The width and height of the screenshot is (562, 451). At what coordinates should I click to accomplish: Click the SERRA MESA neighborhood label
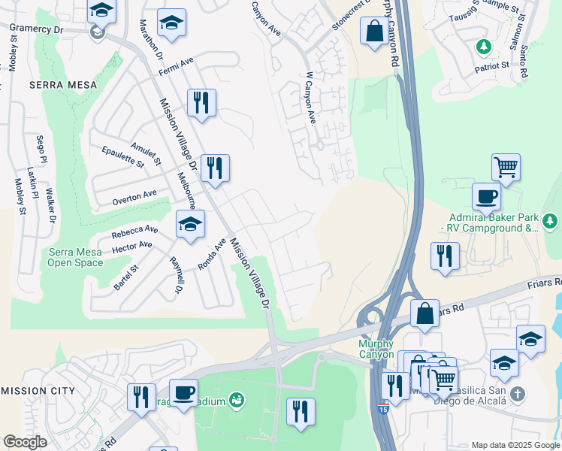(x=63, y=86)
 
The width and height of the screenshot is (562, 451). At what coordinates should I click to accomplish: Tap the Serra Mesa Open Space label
(x=76, y=257)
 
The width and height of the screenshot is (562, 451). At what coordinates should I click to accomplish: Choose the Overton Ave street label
(x=134, y=198)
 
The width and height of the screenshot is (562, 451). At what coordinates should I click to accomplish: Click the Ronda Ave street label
(x=211, y=255)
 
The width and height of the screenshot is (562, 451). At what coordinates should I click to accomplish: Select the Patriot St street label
(x=492, y=66)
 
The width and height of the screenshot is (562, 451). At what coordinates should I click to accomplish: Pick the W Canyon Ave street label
(x=310, y=98)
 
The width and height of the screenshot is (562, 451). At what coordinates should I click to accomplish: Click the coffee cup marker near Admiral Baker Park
(x=486, y=196)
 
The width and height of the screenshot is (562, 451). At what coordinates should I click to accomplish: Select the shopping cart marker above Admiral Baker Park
(x=506, y=167)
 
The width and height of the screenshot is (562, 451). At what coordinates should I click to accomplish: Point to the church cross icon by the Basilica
(x=516, y=394)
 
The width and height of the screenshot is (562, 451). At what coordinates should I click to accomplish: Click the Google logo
(x=25, y=442)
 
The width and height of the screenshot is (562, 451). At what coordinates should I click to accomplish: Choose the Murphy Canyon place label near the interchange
(x=376, y=349)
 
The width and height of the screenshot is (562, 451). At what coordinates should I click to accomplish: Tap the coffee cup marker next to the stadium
(x=183, y=391)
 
